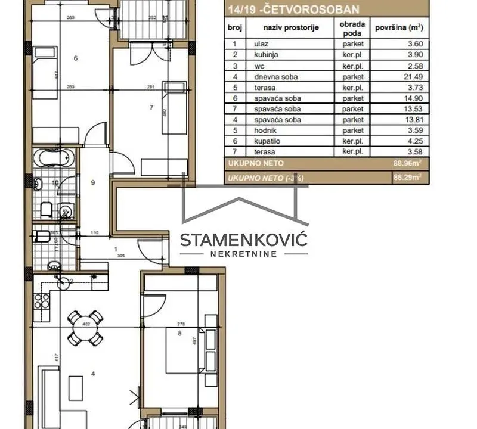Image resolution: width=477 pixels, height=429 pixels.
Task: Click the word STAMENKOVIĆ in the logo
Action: pos(243,240)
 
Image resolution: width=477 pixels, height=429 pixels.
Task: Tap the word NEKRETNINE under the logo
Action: pos(243,254)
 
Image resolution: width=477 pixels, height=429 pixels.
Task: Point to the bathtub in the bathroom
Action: pos(52,158)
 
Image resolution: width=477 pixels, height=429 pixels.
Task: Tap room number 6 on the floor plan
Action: pos(76,58)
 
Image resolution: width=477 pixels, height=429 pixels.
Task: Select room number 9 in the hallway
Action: pos(93,183)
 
